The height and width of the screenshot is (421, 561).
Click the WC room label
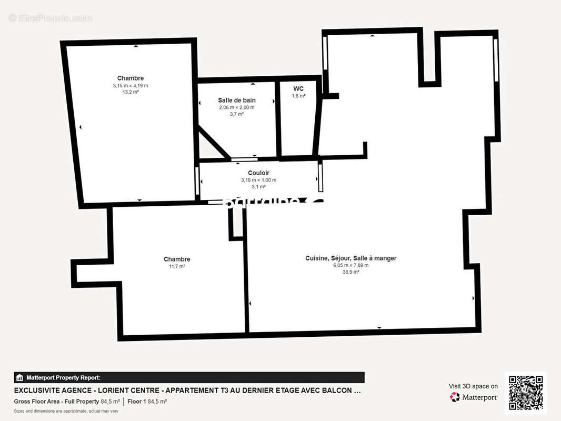coord(298,88)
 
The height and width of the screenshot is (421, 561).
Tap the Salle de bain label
coord(237,100)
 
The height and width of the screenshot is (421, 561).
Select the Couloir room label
coord(258,173)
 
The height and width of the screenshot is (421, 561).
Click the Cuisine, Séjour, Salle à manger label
coord(350,258)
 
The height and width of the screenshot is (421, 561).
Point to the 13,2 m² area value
coord(131,92)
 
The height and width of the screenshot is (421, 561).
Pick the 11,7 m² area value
coord(177,266)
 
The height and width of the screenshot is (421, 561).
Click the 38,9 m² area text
coord(350,272)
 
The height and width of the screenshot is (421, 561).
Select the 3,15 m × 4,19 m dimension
coord(131,85)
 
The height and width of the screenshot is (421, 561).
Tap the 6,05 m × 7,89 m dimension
coord(350,265)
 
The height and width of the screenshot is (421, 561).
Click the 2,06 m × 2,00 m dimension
coord(237,107)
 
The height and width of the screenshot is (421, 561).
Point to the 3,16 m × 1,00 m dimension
coord(258,180)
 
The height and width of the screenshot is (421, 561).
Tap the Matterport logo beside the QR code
coord(474,397)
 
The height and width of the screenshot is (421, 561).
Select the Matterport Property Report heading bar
coord(189,377)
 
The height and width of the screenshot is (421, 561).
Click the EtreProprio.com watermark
coord(51,18)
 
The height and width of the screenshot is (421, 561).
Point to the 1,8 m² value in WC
coord(298,96)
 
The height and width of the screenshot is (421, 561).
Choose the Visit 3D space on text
coord(473,386)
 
